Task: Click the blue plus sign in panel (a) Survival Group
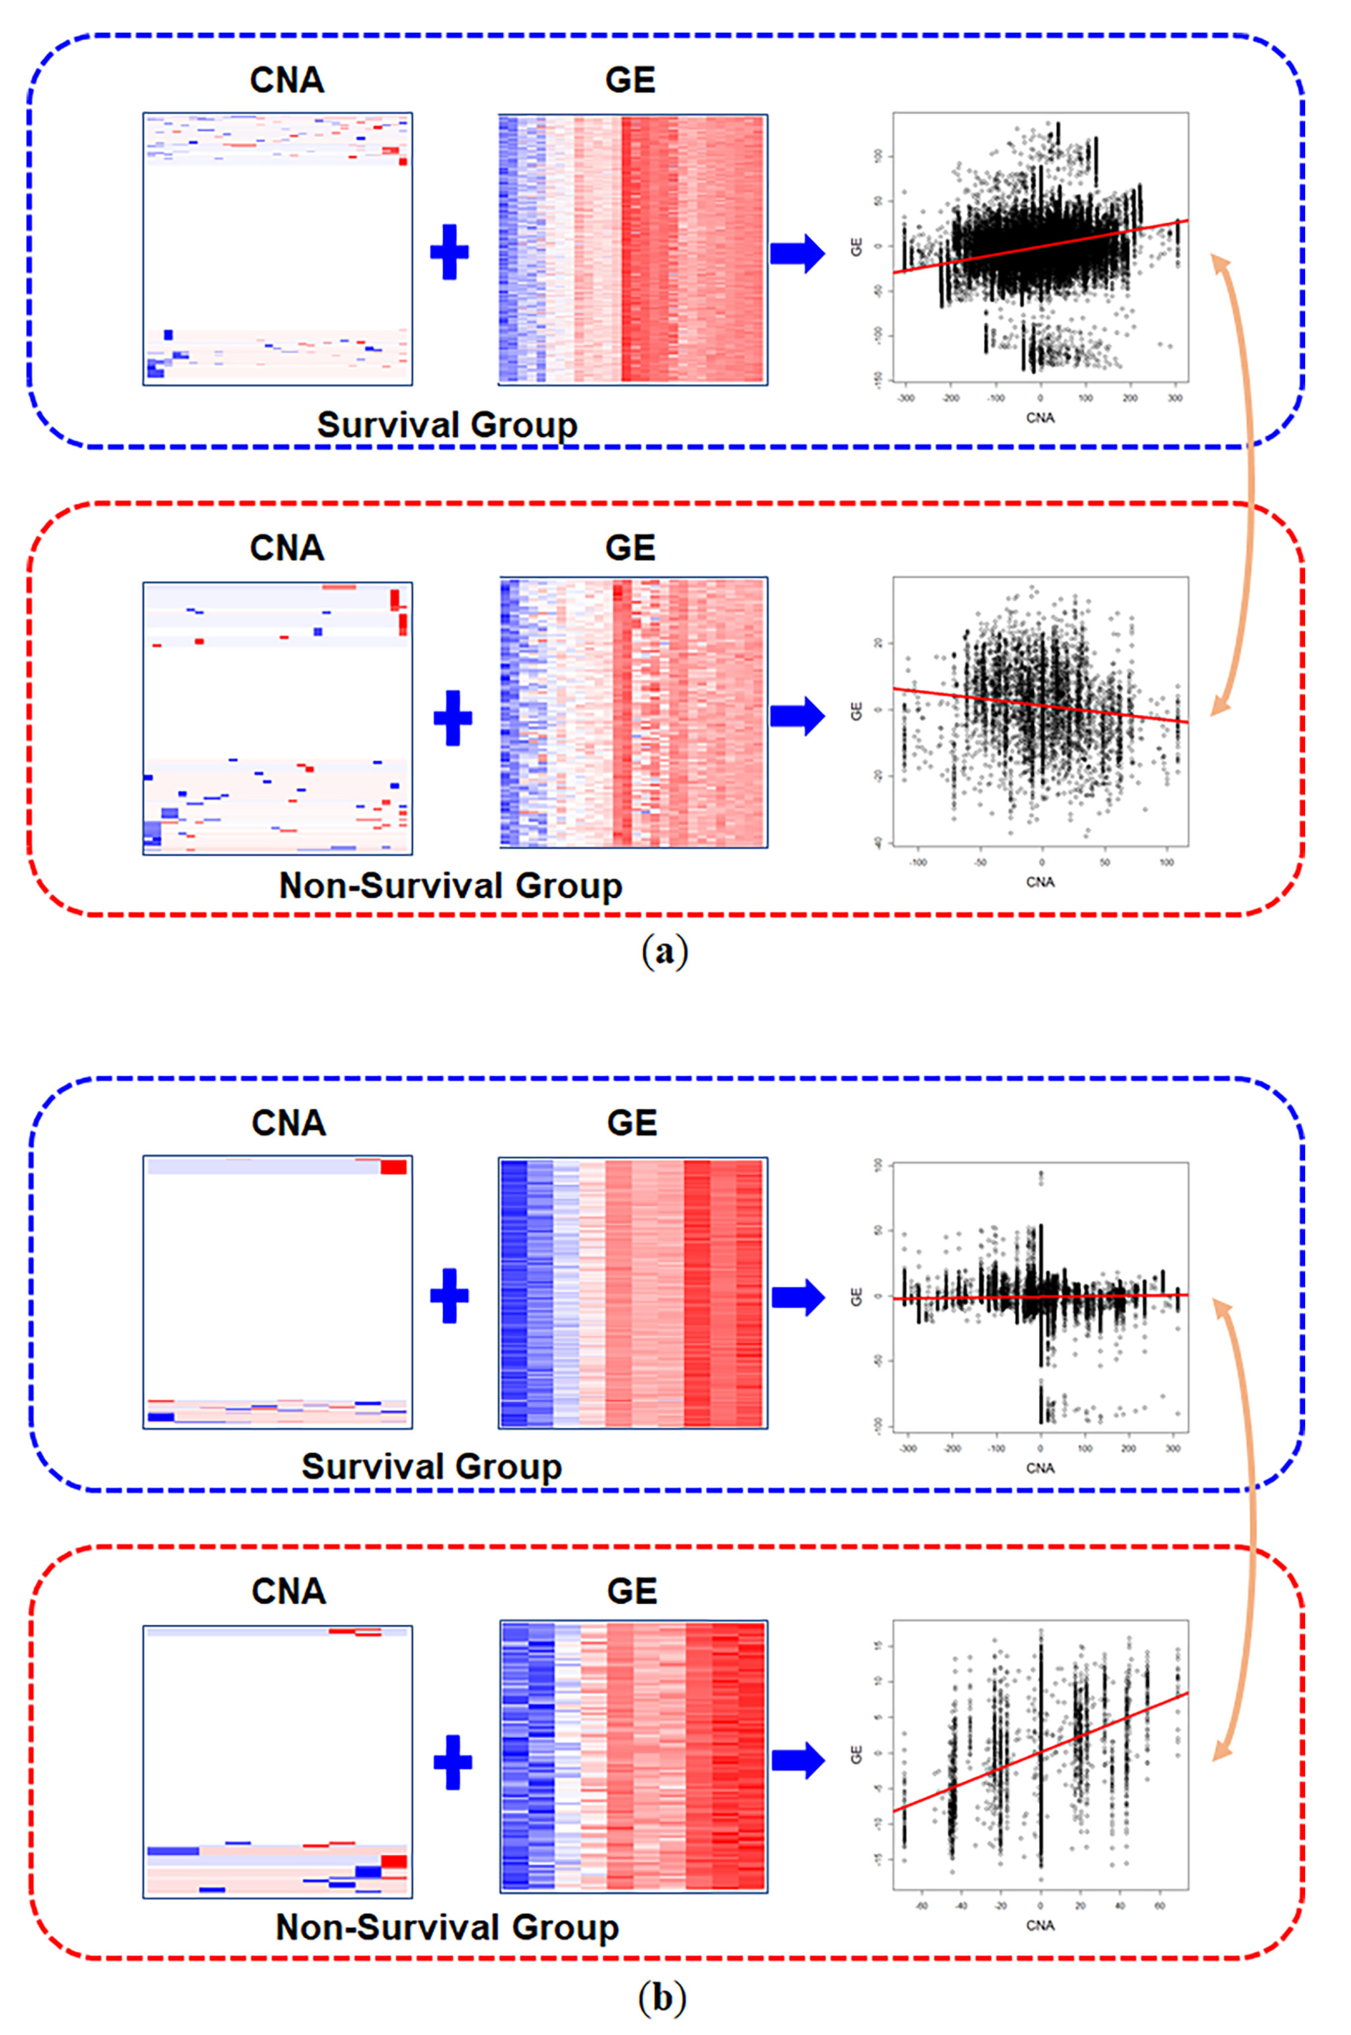449,252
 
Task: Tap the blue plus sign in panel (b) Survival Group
449,1295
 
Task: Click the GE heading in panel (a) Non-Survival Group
630,548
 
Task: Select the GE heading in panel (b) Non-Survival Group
631,1591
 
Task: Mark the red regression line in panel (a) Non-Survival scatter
1041,705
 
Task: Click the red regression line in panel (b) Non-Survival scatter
1041,1751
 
